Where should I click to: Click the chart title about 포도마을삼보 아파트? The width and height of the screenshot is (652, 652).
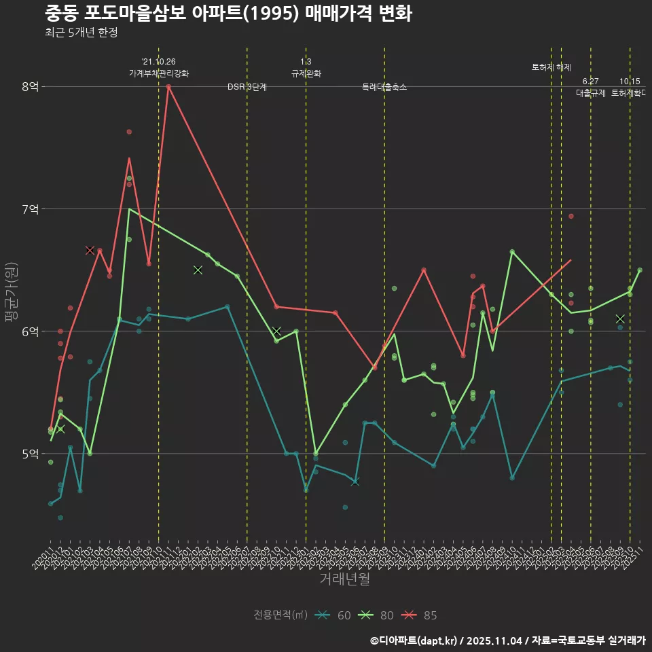pyautogui.click(x=228, y=14)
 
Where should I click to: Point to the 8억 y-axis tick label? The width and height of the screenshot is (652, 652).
pyautogui.click(x=30, y=87)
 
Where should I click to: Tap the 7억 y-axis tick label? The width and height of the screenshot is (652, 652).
pyautogui.click(x=30, y=209)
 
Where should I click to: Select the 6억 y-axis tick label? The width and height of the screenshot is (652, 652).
pyautogui.click(x=30, y=331)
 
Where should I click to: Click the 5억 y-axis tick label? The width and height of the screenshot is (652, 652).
pyautogui.click(x=30, y=453)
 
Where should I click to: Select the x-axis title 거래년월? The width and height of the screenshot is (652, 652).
pyautogui.click(x=345, y=579)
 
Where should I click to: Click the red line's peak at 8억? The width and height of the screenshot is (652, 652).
pyautogui.click(x=168, y=86)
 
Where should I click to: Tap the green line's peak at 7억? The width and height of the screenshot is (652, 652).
pyautogui.click(x=129, y=209)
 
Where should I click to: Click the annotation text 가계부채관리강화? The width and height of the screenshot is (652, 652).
pyautogui.click(x=159, y=73)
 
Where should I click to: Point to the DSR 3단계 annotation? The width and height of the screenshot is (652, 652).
pyautogui.click(x=247, y=87)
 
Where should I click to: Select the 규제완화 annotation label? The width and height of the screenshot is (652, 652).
pyautogui.click(x=306, y=73)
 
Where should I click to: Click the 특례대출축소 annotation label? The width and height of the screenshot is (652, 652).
pyautogui.click(x=384, y=87)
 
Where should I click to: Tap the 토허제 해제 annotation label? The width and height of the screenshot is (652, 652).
pyautogui.click(x=551, y=67)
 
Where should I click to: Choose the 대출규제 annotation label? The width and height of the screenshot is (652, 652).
pyautogui.click(x=591, y=93)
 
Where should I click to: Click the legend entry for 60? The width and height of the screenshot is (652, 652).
pyautogui.click(x=334, y=615)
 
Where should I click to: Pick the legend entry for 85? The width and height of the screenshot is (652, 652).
pyautogui.click(x=420, y=615)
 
